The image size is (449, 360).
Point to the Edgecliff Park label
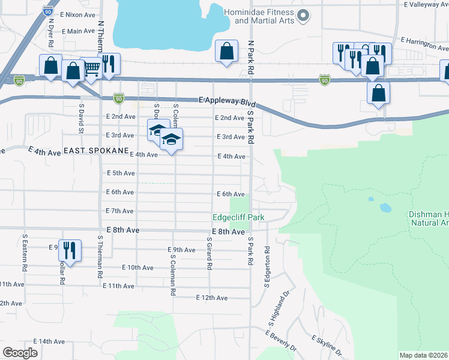238,217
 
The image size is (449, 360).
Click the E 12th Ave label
212,298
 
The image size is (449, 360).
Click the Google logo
20,352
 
